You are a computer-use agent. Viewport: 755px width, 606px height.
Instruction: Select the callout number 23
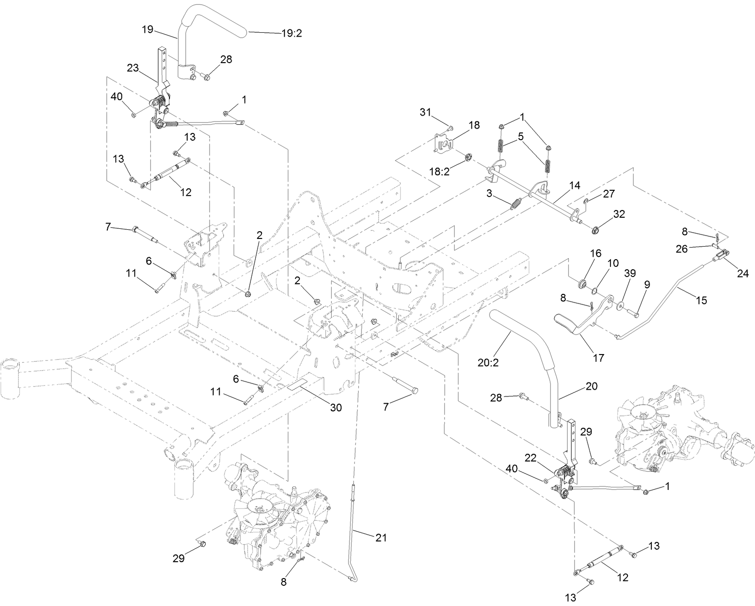click(133, 68)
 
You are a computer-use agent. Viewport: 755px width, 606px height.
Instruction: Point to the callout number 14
click(574, 185)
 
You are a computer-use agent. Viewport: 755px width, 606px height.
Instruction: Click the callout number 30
click(336, 408)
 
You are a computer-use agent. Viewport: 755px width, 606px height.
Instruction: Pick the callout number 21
click(381, 537)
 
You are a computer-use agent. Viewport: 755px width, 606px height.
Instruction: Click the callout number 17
click(599, 358)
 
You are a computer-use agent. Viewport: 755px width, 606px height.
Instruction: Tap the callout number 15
click(701, 300)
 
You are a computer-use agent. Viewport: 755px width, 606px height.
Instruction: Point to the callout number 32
click(619, 213)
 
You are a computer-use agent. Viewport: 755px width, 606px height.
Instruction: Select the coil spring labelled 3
click(516, 204)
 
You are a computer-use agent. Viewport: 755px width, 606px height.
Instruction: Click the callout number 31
click(425, 112)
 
